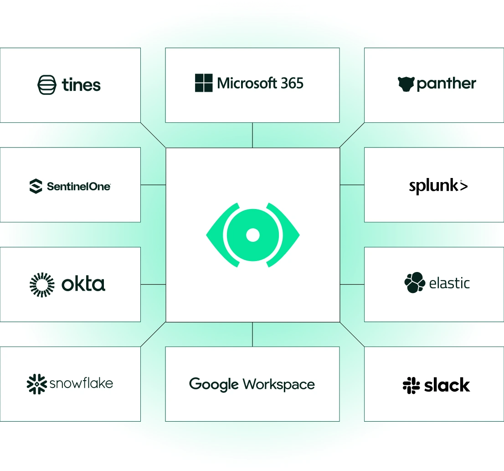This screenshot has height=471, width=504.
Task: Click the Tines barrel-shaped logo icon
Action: point(47,85)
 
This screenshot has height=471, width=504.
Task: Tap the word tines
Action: point(81,85)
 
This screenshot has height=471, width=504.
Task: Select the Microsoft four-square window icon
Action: point(204,83)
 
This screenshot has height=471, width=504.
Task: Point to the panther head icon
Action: point(406,84)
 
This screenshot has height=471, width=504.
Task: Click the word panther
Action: point(446,84)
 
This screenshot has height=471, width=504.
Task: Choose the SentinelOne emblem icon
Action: point(36,186)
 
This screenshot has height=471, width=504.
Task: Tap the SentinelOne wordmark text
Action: point(79,186)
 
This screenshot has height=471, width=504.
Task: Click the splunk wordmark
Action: point(438,186)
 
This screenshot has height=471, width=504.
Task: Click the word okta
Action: point(83,284)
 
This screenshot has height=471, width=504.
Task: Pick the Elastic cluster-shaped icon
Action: point(415,283)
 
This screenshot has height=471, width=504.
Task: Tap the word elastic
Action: point(449,283)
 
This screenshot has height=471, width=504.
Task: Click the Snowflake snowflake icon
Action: point(36,384)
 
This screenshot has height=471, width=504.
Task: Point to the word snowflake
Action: point(81,383)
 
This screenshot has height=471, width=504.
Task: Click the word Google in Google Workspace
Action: point(214,384)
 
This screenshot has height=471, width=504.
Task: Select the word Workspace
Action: point(279,384)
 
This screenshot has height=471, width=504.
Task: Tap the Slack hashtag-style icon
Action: point(411,385)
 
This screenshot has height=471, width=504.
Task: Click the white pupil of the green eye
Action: point(252,235)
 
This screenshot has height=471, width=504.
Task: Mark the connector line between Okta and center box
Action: point(153,285)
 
